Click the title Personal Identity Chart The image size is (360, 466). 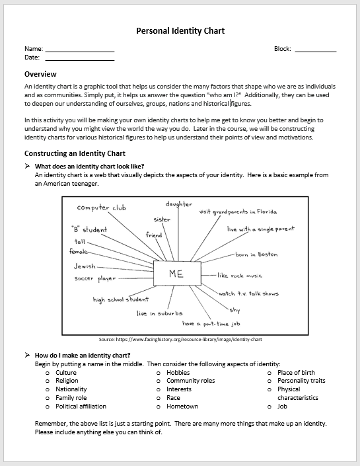click(x=180, y=30)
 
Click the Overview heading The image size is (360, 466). click(x=40, y=74)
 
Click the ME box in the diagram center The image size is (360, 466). click(x=176, y=274)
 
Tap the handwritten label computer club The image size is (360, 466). click(x=101, y=208)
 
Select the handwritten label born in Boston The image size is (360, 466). click(x=256, y=254)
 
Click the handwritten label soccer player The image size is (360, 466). click(x=96, y=279)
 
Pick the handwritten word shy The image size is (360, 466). click(x=234, y=310)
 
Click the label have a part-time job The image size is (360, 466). click(x=211, y=324)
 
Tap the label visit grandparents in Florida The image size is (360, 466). click(x=238, y=212)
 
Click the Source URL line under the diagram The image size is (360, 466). click(x=180, y=339)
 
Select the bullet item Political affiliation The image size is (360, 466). click(x=81, y=407)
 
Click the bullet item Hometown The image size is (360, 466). click(x=182, y=407)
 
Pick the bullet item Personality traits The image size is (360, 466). click(x=301, y=381)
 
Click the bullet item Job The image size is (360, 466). click(x=283, y=407)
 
